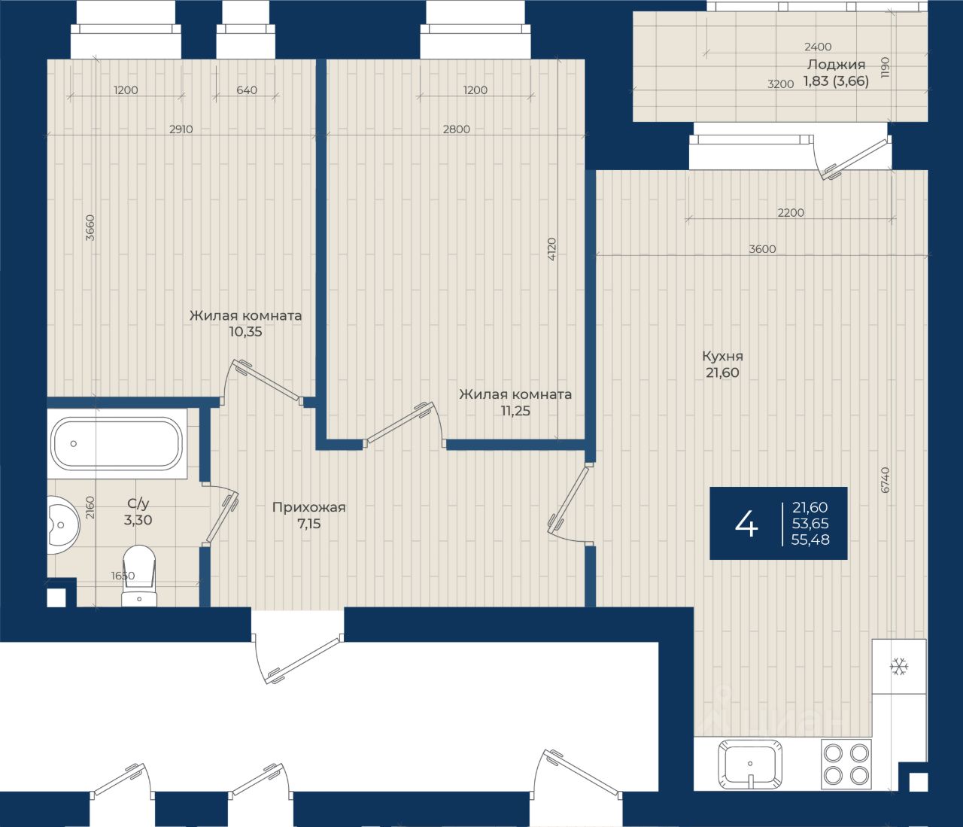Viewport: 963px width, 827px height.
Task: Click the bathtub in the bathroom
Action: pos(117,443)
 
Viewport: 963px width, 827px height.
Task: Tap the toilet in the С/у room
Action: pos(139,576)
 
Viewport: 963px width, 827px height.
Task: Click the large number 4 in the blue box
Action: pos(746,523)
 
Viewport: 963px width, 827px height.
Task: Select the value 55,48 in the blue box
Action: pos(810,540)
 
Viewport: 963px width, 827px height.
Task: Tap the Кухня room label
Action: pos(722,357)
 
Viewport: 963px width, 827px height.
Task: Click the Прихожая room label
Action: pos(309,507)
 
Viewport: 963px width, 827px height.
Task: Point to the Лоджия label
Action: pos(837,65)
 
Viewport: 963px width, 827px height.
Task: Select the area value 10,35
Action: pos(245,332)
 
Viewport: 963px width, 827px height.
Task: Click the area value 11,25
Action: pos(515,411)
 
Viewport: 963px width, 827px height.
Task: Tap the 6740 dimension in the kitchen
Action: pos(886,480)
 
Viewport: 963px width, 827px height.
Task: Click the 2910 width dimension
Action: pos(181,129)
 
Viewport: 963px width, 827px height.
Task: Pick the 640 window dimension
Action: pos(247,90)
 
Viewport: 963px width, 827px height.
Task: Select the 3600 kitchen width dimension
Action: pos(762,249)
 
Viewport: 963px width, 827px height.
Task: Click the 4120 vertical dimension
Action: pos(551,249)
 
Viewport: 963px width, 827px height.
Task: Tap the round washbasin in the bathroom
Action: pos(63,525)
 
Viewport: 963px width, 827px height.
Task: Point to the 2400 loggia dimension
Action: pos(818,47)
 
